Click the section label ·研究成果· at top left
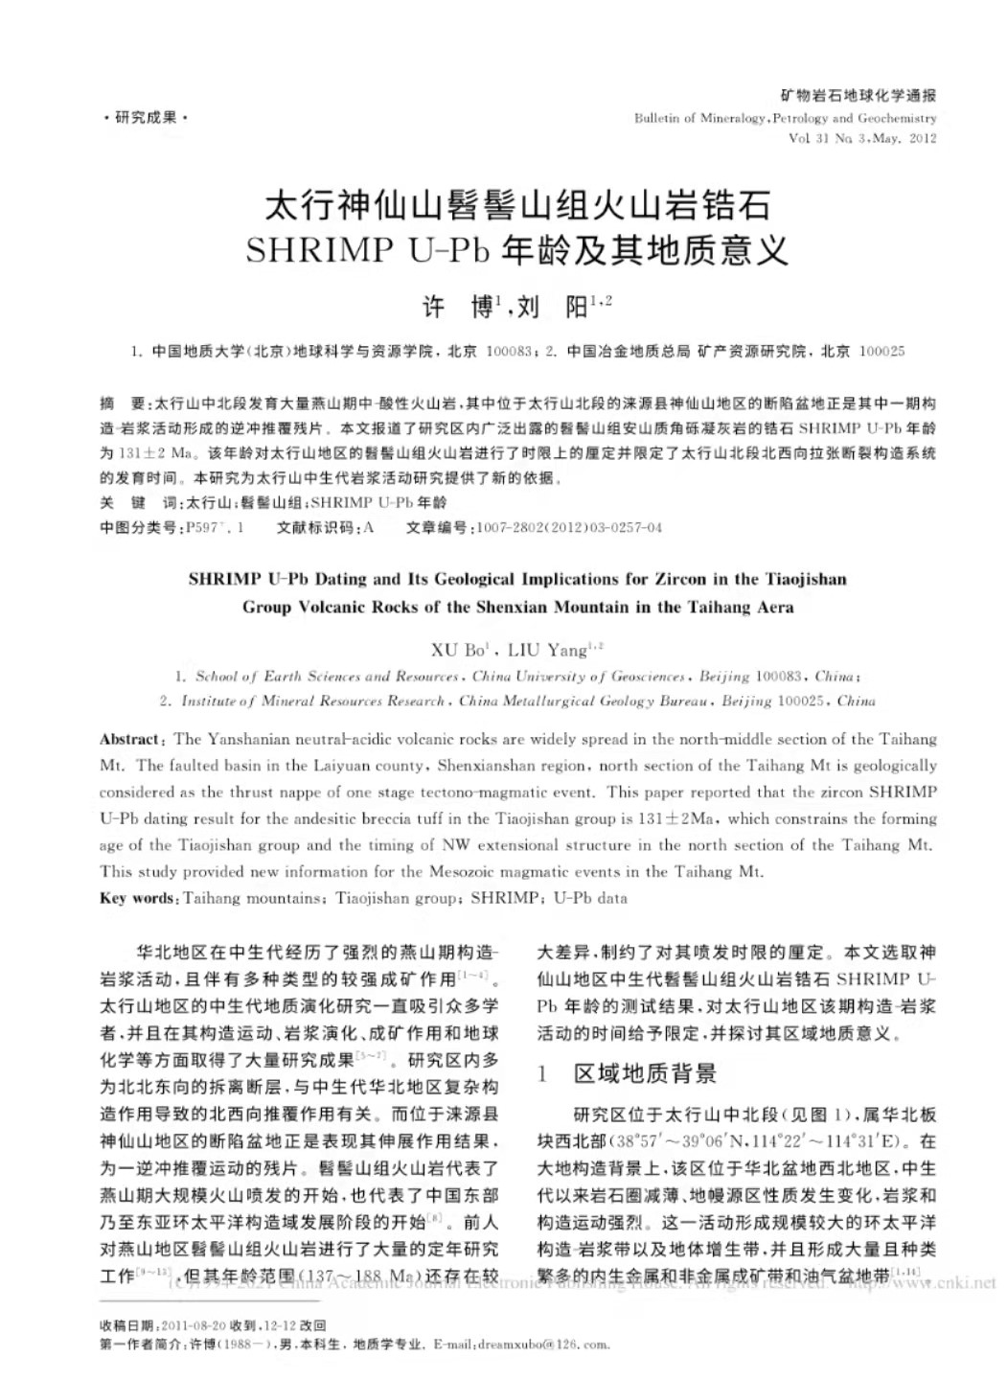[x=146, y=118]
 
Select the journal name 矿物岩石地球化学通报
[x=858, y=95]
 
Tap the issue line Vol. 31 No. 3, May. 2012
[x=862, y=138]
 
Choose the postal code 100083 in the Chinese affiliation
[x=509, y=352]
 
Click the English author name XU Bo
[x=458, y=651]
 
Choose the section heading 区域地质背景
[x=645, y=1074]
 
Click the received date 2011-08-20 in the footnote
[x=195, y=1325]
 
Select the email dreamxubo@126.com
[x=543, y=1344]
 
